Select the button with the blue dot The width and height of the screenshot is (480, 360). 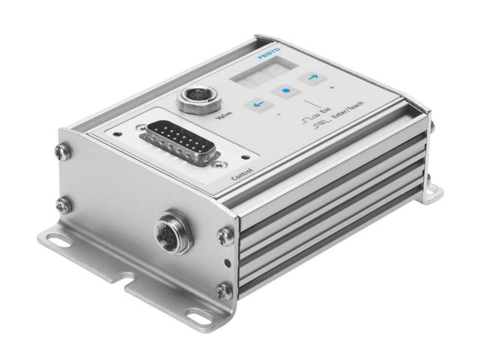click(286, 92)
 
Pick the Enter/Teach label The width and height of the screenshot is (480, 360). click(347, 112)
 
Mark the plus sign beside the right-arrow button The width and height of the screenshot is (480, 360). click(331, 89)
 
